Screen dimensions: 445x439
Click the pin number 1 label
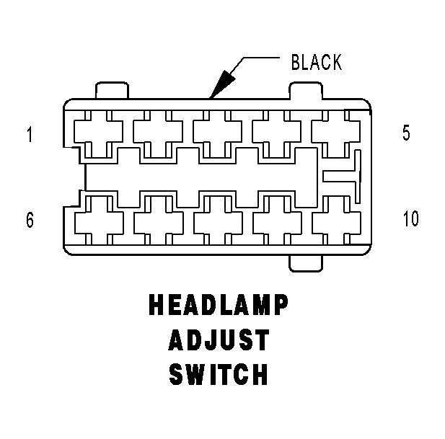[30, 134]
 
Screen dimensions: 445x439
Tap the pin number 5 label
[406, 133]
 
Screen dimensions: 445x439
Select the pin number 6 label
[30, 220]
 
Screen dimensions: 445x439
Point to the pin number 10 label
[411, 218]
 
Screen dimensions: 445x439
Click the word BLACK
[317, 62]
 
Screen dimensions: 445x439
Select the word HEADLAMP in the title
[219, 305]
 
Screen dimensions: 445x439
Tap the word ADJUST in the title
[219, 340]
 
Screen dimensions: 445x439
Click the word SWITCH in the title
[219, 374]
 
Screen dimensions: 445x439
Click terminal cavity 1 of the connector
[99, 134]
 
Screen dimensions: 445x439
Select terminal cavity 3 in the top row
[217, 134]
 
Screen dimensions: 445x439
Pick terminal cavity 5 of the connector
[336, 134]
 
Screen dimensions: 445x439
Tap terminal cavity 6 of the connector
[99, 221]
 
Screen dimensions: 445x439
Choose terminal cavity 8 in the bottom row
[218, 221]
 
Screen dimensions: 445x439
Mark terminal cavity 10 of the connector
[337, 221]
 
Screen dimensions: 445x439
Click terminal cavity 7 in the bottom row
[159, 221]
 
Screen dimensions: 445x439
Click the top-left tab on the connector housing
[112, 90]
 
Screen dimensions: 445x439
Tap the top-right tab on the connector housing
[306, 90]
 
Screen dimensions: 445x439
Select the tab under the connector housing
[306, 264]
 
